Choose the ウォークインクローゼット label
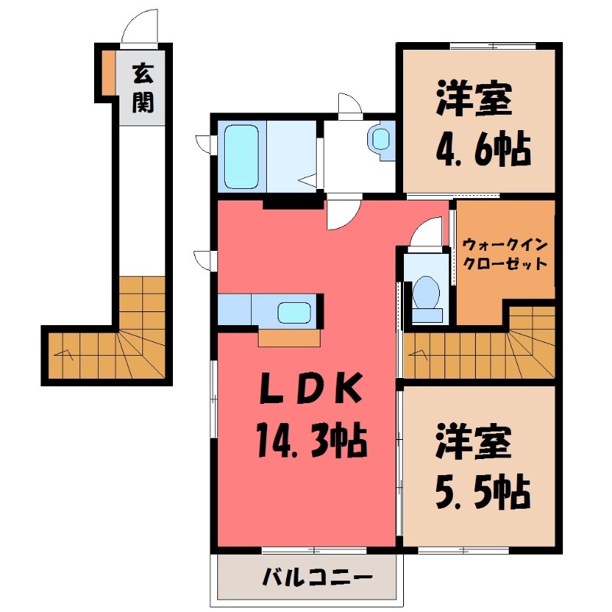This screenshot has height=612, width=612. click(x=504, y=255)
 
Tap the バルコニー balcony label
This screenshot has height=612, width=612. click(x=308, y=576)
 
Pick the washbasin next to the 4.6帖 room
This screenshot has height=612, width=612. click(x=380, y=139)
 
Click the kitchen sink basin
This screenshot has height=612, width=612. click(x=293, y=313)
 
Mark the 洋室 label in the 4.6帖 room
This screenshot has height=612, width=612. click(x=474, y=102)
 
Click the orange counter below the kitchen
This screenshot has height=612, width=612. click(x=289, y=338)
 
